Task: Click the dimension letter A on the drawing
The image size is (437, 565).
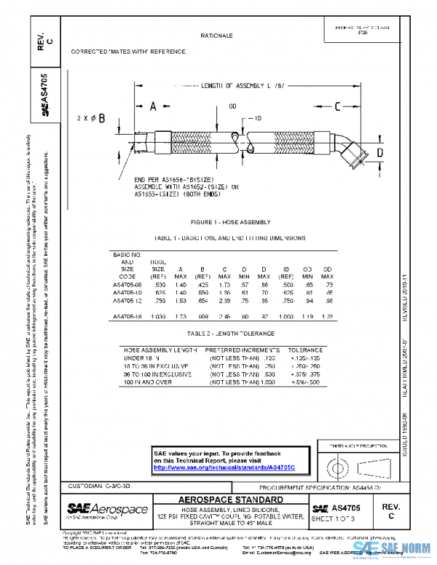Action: point(153,107)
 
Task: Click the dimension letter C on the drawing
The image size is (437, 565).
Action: point(337,107)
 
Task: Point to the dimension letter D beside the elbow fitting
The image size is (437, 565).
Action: point(379,151)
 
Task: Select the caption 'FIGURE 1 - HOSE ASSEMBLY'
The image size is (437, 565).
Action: point(230,222)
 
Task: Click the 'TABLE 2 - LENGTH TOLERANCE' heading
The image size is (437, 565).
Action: point(230,333)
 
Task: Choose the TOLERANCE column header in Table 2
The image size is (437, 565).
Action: point(305,349)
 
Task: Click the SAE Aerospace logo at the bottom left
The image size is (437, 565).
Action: point(108,509)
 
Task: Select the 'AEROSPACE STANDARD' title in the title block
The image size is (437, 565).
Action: point(231,499)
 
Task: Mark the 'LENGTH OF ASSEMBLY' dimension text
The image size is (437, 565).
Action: point(224,85)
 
